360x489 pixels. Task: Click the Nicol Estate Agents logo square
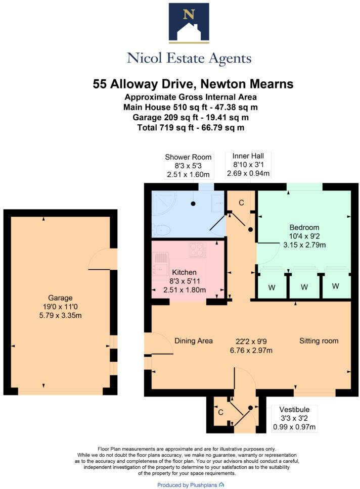(x=189, y=22)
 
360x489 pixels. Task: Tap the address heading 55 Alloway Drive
(x=193, y=84)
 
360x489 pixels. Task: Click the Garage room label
(x=60, y=298)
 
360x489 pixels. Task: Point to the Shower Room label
(x=188, y=157)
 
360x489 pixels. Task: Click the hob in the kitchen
(x=196, y=249)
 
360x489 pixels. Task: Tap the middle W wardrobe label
(x=304, y=287)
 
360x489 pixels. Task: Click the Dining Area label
(x=193, y=340)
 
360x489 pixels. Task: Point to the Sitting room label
(x=319, y=340)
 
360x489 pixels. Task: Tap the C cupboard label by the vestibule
(x=220, y=412)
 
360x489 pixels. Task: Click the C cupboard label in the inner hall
(x=241, y=203)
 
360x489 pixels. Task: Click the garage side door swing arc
(x=101, y=259)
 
